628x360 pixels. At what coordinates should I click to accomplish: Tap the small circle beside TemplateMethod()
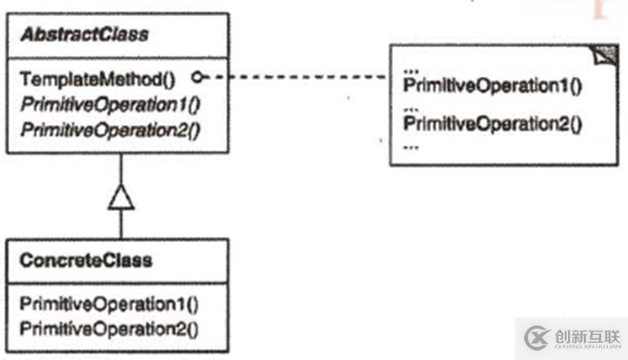(198, 78)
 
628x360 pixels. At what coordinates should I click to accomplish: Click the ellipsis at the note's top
(410, 68)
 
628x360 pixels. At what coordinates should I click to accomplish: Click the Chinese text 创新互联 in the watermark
(587, 335)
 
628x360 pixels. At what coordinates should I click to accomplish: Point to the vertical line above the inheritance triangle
(121, 170)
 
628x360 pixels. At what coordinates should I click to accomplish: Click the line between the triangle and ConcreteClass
(121, 224)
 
